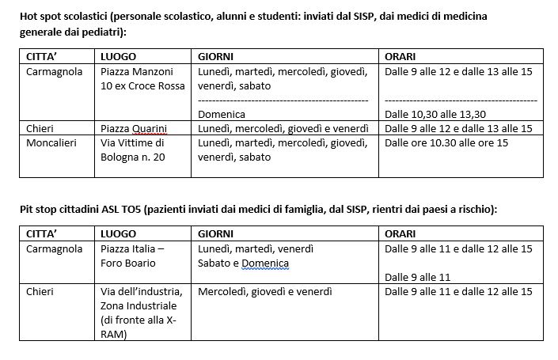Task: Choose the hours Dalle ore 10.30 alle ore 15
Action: [x=447, y=142]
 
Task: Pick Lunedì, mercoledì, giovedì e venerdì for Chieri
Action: [x=283, y=128]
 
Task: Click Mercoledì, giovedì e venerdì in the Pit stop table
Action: [x=264, y=291]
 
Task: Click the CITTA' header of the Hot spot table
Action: [x=44, y=57]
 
